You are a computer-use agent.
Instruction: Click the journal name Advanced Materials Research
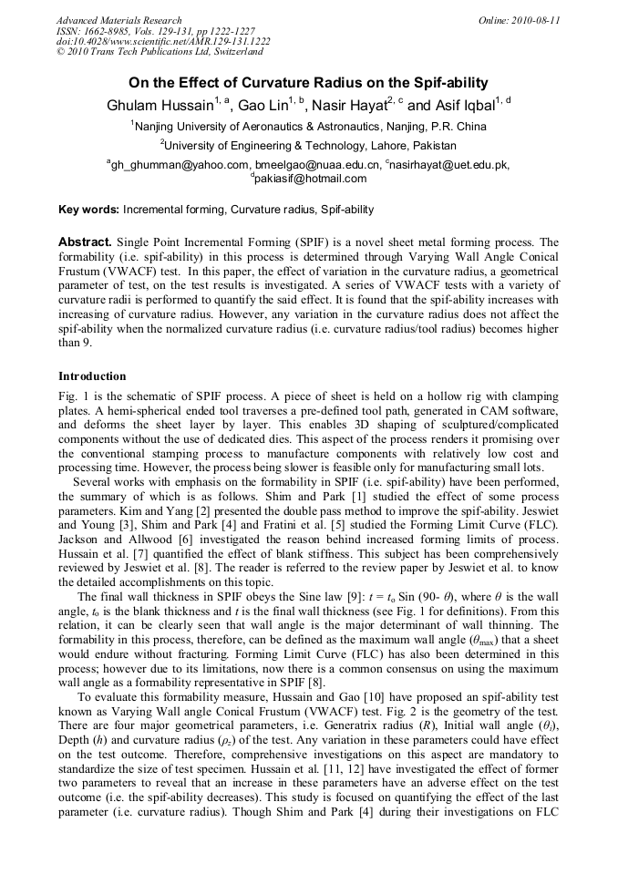pos(118,20)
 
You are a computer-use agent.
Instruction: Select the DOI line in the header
pos(163,41)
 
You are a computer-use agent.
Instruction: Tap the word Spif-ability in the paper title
pos(447,82)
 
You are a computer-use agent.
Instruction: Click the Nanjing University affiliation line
pos(309,127)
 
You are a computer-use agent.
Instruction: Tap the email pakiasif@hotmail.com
pos(311,179)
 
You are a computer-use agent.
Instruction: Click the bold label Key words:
pos(88,210)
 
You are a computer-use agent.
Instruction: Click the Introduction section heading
pos(92,376)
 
